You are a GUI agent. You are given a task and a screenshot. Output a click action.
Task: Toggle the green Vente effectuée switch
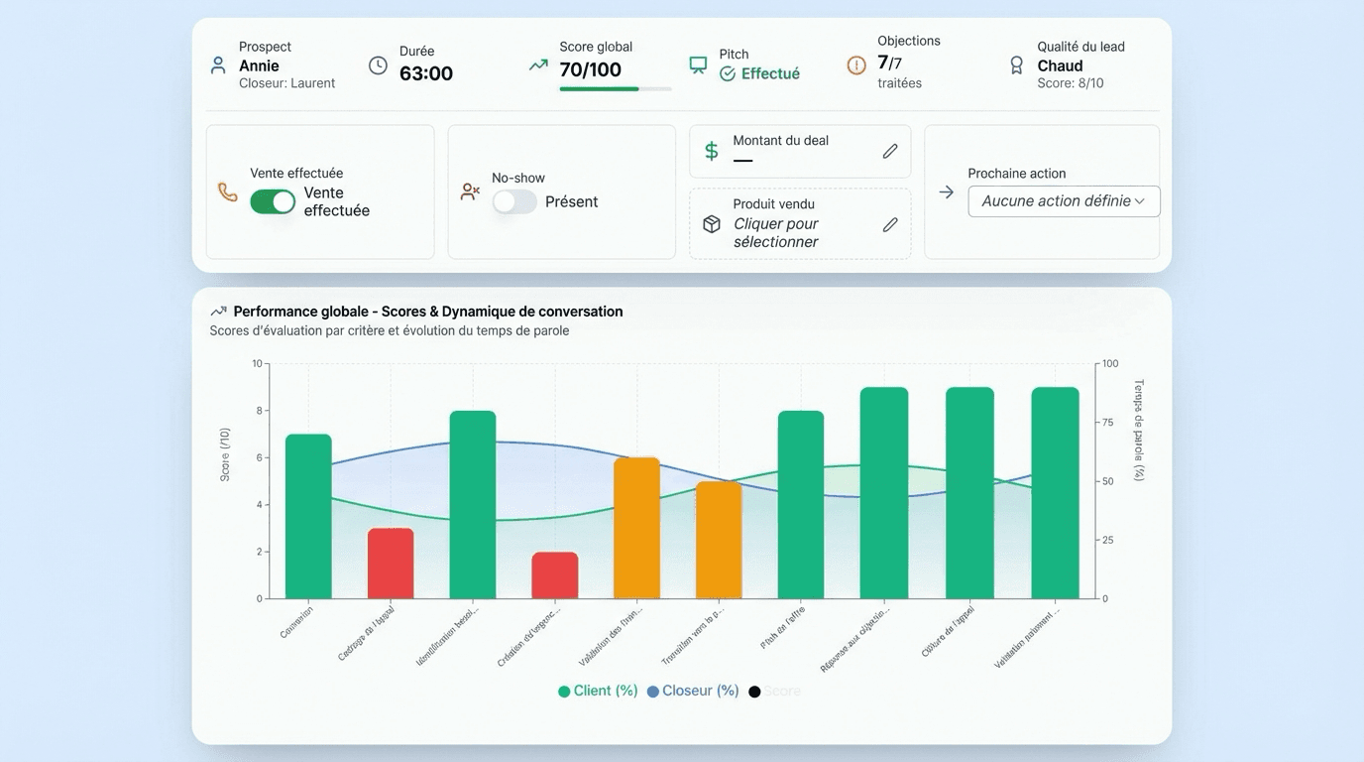(273, 201)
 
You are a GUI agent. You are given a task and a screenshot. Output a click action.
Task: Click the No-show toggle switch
(514, 201)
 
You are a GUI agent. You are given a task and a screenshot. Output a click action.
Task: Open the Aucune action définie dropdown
(1063, 201)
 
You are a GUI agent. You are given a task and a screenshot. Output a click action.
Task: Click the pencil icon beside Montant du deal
(890, 151)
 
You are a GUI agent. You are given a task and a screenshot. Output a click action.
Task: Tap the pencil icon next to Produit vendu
(890, 225)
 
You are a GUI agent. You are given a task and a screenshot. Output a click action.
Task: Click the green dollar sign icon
(711, 151)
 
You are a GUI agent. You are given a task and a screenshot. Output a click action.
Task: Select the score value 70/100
(590, 69)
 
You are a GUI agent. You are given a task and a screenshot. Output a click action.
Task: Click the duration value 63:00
(425, 73)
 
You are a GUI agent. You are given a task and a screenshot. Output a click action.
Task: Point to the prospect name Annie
(259, 65)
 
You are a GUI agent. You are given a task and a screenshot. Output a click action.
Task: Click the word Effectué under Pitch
(770, 73)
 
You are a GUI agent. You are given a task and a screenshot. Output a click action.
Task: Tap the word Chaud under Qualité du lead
(1060, 65)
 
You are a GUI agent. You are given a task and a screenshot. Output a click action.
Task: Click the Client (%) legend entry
(598, 691)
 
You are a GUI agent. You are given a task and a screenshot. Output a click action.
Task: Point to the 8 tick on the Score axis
(260, 411)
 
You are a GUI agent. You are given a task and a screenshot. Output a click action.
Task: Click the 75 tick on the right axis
(1108, 423)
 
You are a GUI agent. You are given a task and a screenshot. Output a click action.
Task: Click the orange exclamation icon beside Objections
(856, 65)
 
